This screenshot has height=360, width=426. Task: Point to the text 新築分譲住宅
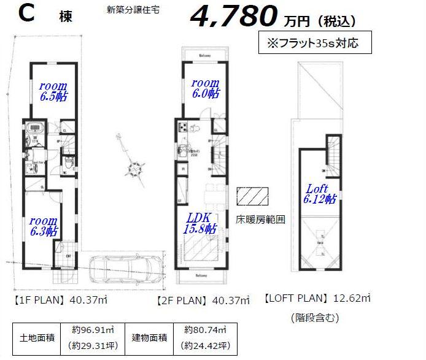(133, 10)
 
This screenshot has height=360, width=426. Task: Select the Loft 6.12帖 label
(318, 193)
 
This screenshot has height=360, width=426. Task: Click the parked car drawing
(126, 268)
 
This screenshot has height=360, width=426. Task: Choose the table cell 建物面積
(149, 338)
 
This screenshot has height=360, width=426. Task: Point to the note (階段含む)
(314, 318)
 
